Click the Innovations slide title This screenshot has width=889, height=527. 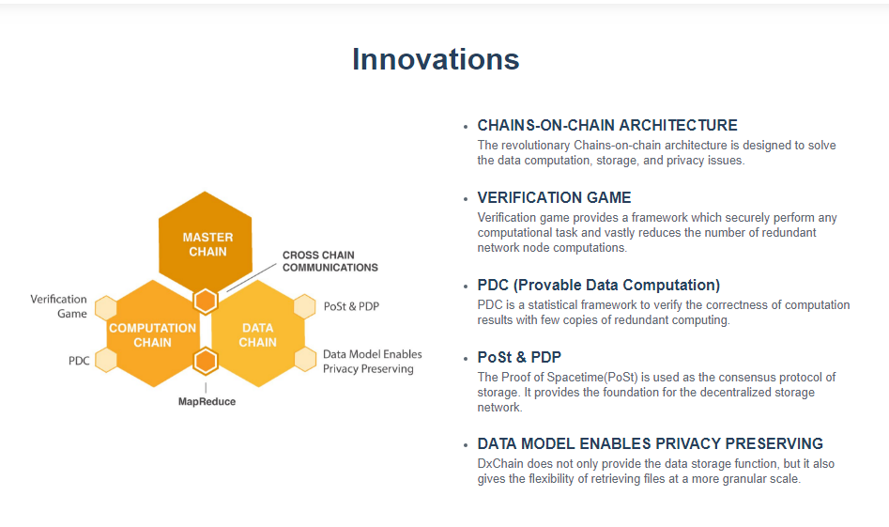(x=436, y=59)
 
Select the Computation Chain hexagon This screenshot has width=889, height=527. (x=153, y=333)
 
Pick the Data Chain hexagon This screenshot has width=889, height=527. (x=258, y=333)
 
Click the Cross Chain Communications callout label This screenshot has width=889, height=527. (x=330, y=261)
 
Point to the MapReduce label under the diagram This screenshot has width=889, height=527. (x=207, y=402)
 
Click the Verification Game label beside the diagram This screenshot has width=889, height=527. (x=58, y=306)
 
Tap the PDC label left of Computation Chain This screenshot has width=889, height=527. (x=79, y=361)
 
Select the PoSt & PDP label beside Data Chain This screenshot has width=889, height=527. (x=351, y=306)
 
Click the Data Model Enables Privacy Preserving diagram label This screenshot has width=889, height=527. (x=373, y=362)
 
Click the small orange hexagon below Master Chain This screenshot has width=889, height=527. (x=206, y=302)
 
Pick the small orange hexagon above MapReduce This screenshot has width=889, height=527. (x=206, y=362)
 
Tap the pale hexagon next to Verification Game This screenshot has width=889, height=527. (x=106, y=307)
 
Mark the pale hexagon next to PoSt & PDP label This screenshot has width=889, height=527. (x=305, y=306)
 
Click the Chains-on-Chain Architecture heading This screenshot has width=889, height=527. (x=607, y=125)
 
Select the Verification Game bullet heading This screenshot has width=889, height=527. (x=554, y=197)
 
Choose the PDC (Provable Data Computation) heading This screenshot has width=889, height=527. (x=599, y=285)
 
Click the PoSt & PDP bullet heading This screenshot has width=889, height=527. (x=519, y=357)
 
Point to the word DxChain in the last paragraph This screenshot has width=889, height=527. (x=500, y=463)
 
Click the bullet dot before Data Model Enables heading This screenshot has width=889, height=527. (x=466, y=445)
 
